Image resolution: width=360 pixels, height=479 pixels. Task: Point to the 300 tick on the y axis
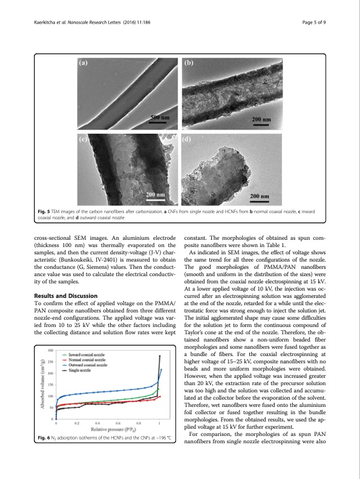click(x=50, y=351)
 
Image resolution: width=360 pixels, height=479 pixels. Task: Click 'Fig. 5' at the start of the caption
click(x=45, y=213)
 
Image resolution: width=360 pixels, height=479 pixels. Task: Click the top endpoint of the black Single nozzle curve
click(x=160, y=355)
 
